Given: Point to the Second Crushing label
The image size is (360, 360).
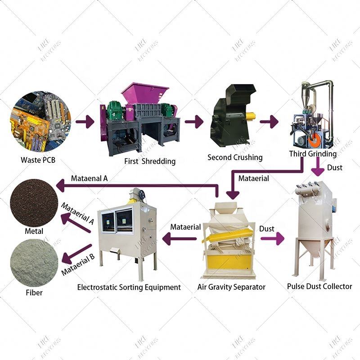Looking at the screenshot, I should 234,157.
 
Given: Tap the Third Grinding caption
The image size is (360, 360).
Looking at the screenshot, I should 312,154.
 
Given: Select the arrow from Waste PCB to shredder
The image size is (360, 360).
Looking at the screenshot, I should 84,121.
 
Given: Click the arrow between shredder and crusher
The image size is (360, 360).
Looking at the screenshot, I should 194,121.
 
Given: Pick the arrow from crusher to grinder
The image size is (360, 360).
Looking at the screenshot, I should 269,121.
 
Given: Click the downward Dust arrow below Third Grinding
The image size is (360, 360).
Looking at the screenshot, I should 318,170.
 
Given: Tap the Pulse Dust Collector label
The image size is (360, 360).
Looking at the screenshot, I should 319,286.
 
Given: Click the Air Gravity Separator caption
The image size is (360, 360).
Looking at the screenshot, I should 232,287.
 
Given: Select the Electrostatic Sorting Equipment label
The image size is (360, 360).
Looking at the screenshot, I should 129,287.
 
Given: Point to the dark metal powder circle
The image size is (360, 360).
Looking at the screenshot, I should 34,202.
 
